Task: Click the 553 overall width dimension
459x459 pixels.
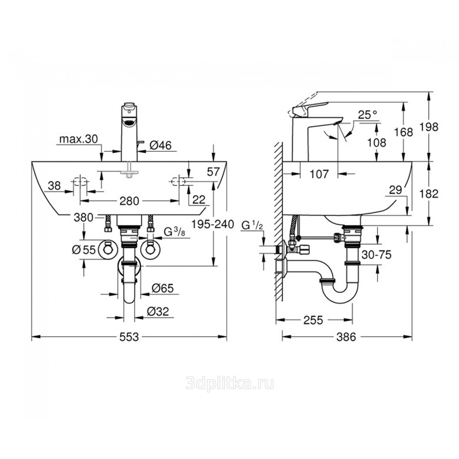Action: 129,337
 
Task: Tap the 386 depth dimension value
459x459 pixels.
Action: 346,337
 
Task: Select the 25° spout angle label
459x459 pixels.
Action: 368,114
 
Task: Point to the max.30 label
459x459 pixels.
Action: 78,139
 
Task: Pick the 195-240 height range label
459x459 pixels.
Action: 213,224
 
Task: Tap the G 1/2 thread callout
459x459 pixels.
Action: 252,226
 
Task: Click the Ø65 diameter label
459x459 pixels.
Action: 163,288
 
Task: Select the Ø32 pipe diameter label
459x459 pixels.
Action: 158,312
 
